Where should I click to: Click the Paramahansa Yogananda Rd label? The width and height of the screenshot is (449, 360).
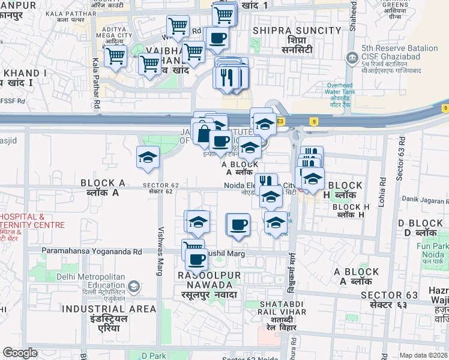click(92, 251)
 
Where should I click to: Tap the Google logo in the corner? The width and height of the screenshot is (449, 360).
click(20, 353)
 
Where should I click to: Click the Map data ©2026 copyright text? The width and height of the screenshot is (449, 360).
click(423, 355)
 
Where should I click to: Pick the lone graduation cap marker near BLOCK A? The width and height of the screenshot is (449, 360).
click(148, 158)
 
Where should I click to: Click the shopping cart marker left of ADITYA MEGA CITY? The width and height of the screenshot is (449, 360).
click(115, 57)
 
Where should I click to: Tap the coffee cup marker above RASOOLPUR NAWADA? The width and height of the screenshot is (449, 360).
click(196, 260)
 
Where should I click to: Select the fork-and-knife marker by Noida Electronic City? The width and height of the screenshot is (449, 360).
click(266, 182)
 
